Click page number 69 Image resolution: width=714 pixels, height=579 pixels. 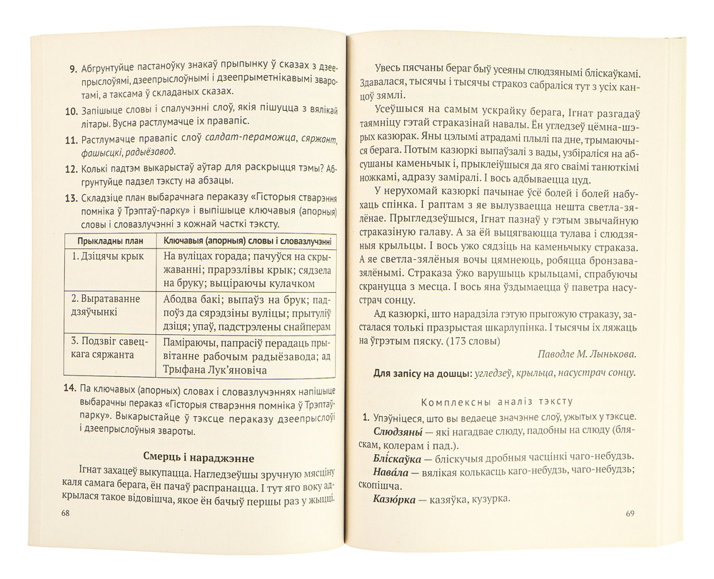pyautogui.click(x=630, y=513)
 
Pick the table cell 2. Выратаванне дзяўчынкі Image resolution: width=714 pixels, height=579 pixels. pyautogui.click(x=104, y=303)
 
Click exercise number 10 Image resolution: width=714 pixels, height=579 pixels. pyautogui.click(x=71, y=111)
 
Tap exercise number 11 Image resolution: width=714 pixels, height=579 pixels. pyautogui.click(x=71, y=141)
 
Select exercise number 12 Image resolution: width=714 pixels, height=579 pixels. pyautogui.click(x=71, y=171)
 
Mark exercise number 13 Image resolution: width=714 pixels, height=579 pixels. pyautogui.click(x=71, y=199)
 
